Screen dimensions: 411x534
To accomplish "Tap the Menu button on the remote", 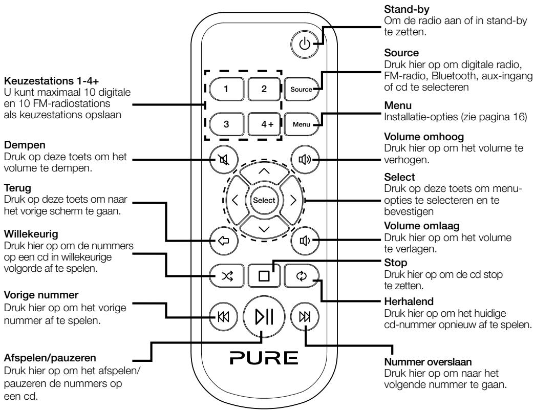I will [300, 123].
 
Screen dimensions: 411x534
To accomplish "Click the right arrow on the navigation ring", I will [294, 200].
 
